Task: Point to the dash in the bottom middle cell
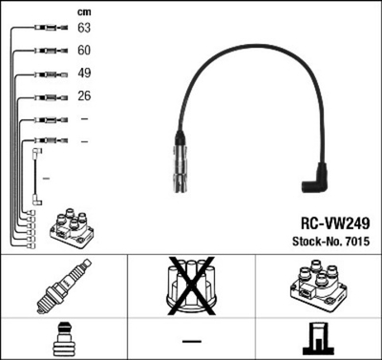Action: click(x=191, y=340)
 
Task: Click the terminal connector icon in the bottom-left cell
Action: click(x=63, y=339)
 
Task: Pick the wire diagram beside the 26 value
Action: click(x=44, y=96)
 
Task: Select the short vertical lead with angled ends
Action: click(x=37, y=174)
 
